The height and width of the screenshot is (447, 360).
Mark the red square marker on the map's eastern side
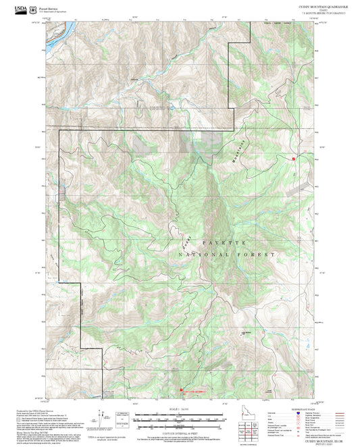point(294,159)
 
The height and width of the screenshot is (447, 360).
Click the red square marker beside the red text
point(180,389)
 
